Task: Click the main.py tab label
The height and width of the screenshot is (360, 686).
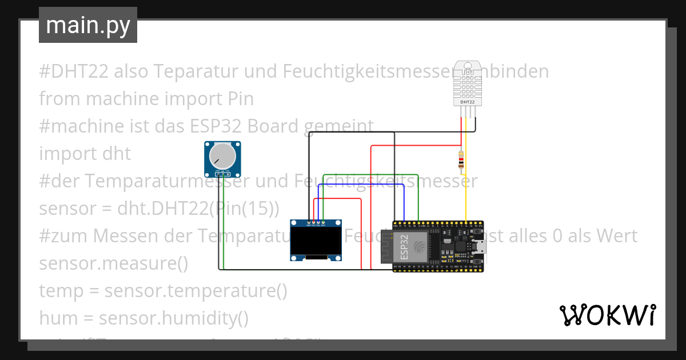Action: (x=87, y=25)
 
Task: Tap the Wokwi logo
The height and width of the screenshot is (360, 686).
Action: (x=607, y=315)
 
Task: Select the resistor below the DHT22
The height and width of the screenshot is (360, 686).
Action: (x=461, y=161)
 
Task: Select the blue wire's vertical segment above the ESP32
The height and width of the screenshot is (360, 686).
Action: (x=404, y=203)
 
